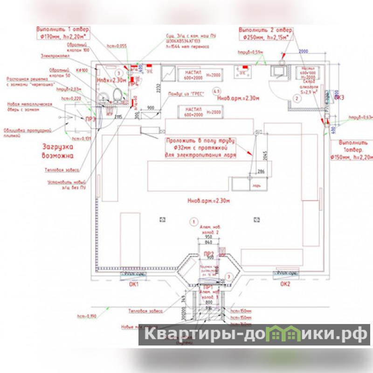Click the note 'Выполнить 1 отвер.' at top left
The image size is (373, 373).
tap(62, 28)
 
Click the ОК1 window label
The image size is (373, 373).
tap(134, 284)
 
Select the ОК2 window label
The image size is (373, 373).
tap(285, 283)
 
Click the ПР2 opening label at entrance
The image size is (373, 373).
tap(208, 254)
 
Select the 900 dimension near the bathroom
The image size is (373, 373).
tap(150, 108)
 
